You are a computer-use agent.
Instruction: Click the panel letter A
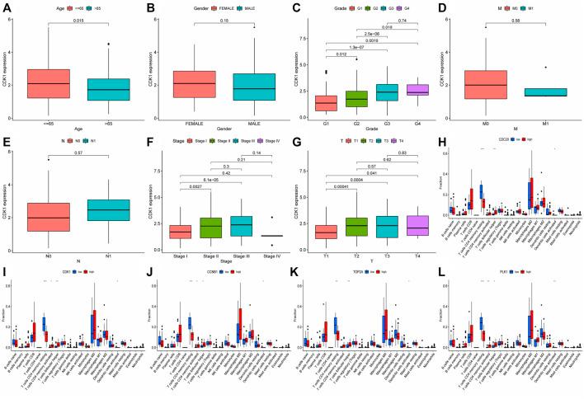(x=6, y=7)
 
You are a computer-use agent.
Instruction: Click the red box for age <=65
(x=49, y=83)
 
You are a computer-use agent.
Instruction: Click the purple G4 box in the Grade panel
(x=397, y=90)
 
